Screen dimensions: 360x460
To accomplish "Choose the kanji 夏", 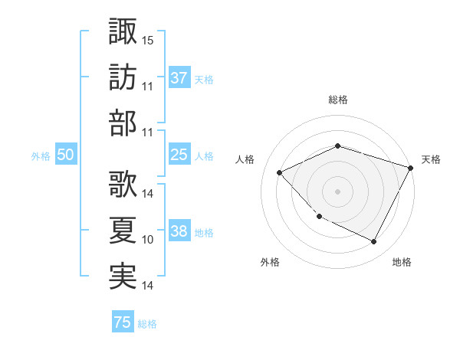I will pyautogui.click(x=123, y=230).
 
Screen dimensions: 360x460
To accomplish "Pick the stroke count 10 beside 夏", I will pyautogui.click(x=148, y=240).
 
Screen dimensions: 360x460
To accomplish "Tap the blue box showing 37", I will pyautogui.click(x=179, y=78).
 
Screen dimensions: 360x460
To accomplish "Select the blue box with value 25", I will pyautogui.click(x=179, y=155).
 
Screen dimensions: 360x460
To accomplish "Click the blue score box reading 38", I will pyautogui.click(x=179, y=232).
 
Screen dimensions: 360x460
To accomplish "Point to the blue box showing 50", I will pyautogui.click(x=65, y=155).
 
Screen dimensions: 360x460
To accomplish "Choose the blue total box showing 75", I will pyautogui.click(x=123, y=322).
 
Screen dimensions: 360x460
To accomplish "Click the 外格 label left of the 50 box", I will pyautogui.click(x=41, y=156).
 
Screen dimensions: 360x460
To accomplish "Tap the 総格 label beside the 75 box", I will pyautogui.click(x=147, y=324).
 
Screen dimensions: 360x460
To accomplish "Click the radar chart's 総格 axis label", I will pyautogui.click(x=337, y=100).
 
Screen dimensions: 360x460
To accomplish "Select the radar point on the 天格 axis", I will pyautogui.click(x=411, y=168).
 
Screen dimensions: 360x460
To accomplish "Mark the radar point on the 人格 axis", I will pyautogui.click(x=280, y=172).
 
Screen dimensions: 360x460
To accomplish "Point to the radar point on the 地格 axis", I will pyautogui.click(x=373, y=241).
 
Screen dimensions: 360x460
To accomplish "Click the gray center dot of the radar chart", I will pyautogui.click(x=337, y=191).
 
